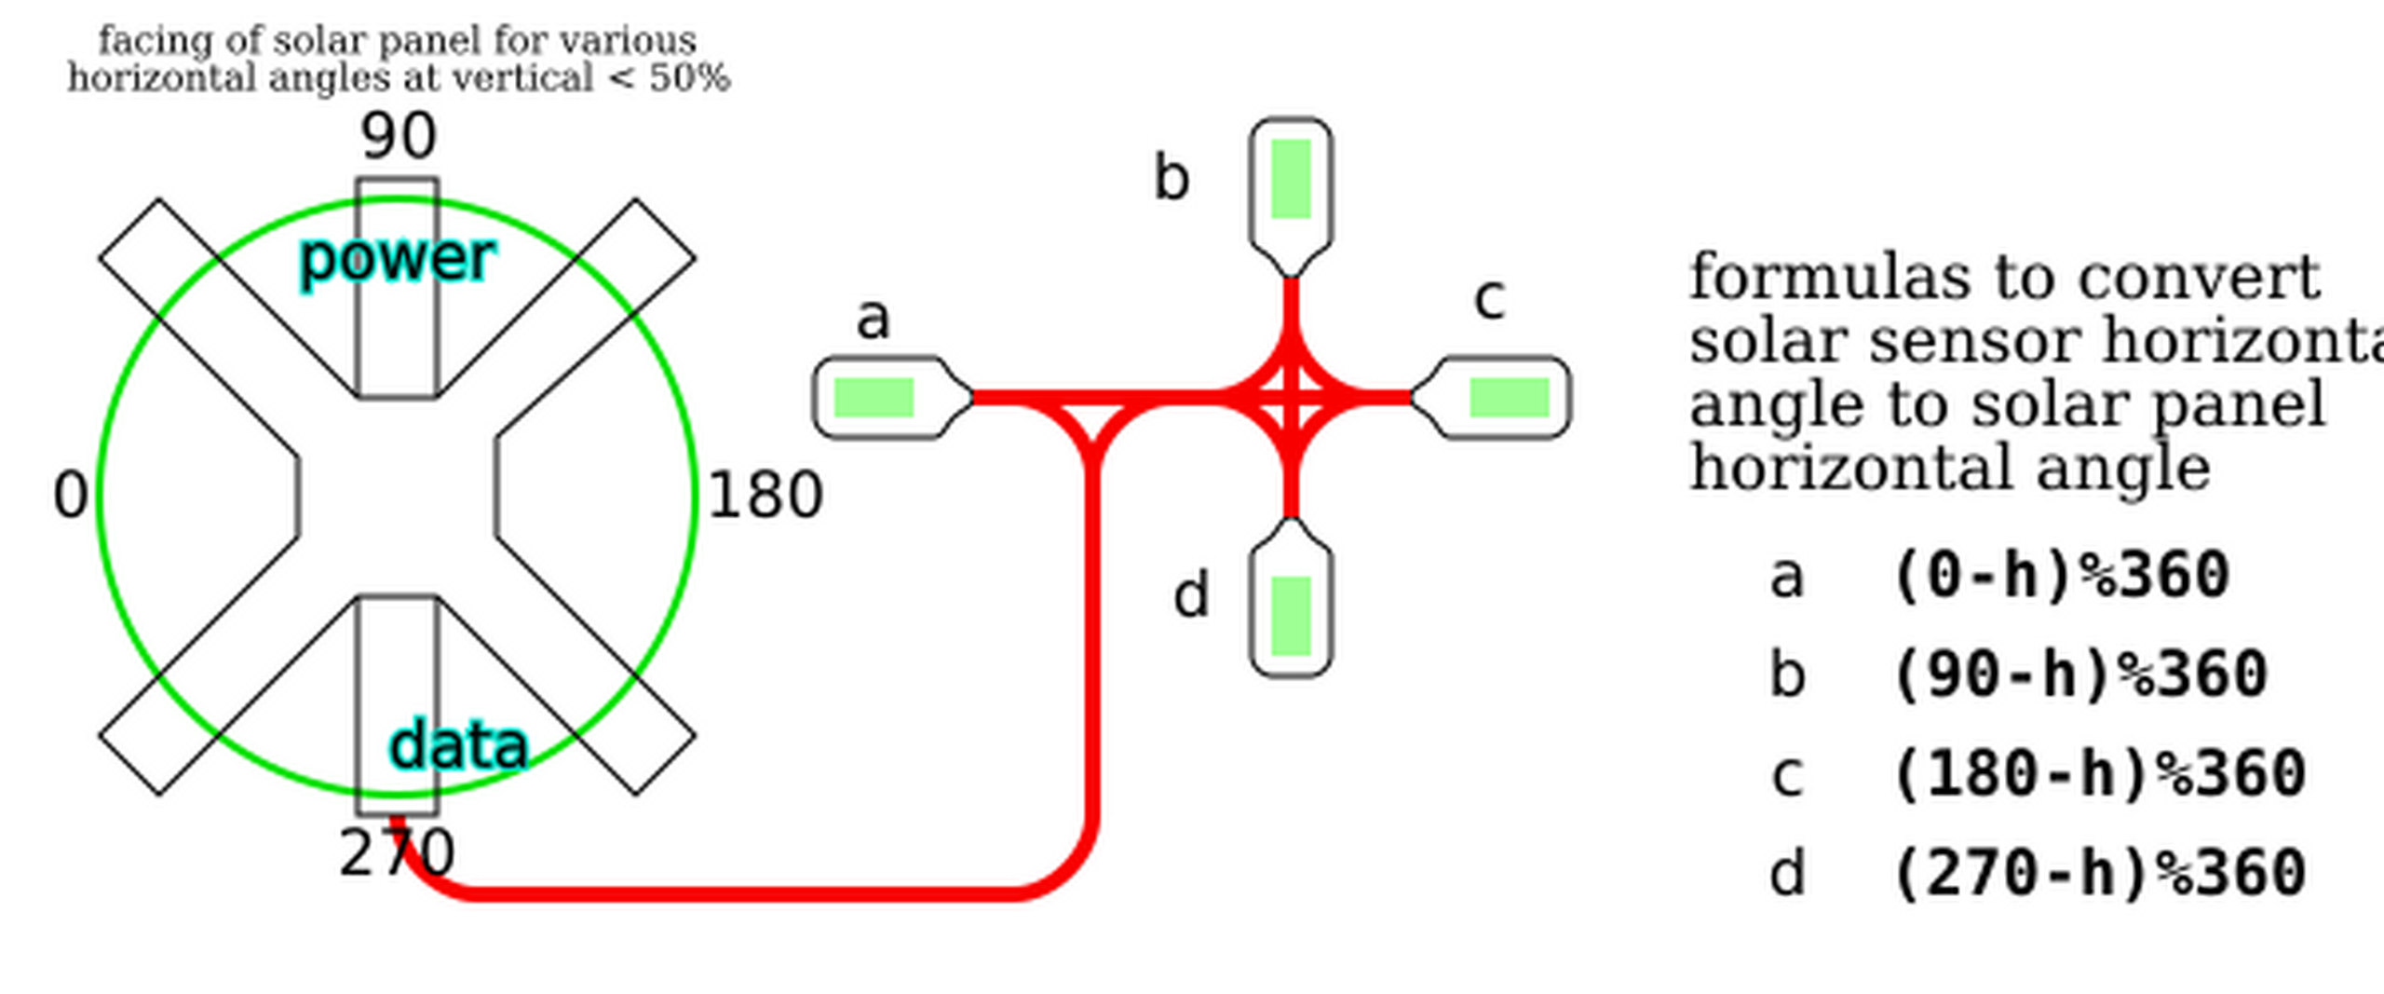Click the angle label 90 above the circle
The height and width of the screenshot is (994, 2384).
click(398, 137)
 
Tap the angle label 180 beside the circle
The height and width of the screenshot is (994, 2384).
click(765, 496)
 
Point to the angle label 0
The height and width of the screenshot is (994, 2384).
click(71, 496)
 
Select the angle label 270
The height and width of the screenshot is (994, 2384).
click(398, 854)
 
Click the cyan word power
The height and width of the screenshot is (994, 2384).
click(398, 259)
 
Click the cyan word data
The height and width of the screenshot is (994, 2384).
click(458, 746)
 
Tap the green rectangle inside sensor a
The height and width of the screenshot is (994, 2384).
click(874, 398)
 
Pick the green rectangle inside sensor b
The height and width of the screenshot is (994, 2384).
click(1291, 179)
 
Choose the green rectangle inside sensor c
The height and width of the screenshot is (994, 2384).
click(1510, 398)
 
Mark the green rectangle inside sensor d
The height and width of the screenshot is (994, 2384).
click(1291, 616)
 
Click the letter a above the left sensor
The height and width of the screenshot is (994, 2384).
click(873, 320)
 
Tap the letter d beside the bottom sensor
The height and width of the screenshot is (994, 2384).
click(1191, 595)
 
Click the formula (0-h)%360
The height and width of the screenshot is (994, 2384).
click(2061, 576)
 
